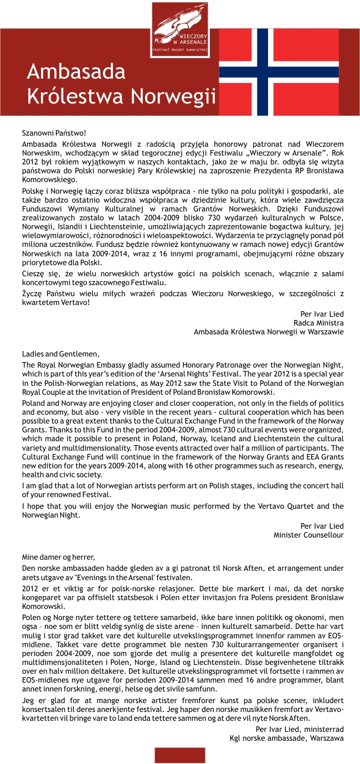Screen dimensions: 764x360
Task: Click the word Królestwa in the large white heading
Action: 76,96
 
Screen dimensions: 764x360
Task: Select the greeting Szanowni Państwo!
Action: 54,133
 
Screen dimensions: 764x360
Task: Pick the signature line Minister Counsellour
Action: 308,535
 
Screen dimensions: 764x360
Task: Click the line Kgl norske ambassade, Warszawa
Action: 286,738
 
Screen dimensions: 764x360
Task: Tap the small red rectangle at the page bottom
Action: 179,755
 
